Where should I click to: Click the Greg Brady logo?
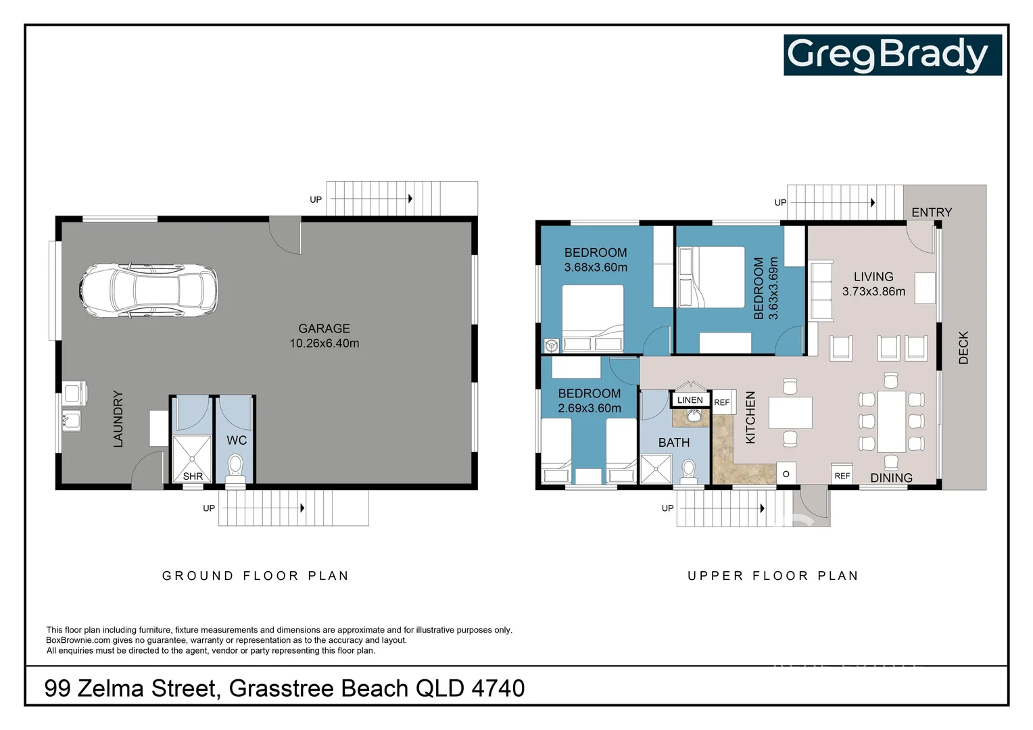coord(892,55)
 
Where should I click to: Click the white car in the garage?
coord(149,291)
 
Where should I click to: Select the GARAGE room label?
coord(324,328)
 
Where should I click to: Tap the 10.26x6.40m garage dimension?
coord(324,343)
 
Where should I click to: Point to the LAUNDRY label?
coord(118,419)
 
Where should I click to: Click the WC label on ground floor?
coord(237,440)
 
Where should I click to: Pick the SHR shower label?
coord(193,476)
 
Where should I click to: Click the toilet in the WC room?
coord(235,466)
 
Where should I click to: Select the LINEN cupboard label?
coord(690,400)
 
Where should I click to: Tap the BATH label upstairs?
coord(674,443)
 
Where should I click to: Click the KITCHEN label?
coord(750,418)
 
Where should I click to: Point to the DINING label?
coord(891,478)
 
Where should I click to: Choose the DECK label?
coord(963,348)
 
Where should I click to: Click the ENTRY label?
coord(931,212)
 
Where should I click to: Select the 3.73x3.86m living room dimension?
coord(873,292)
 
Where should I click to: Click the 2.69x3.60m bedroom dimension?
coord(589,408)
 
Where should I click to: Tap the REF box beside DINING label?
coord(842,476)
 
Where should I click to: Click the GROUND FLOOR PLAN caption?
coord(256,576)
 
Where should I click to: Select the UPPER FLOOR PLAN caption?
coord(773,576)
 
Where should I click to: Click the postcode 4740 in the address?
coord(498,688)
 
